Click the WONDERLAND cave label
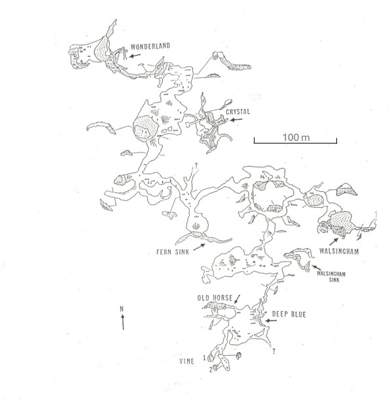(151, 47)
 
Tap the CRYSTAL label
(238, 112)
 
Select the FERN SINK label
(173, 252)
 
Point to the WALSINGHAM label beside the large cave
(339, 251)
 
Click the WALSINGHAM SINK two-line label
(331, 277)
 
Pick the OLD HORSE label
(215, 298)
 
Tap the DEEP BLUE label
(289, 315)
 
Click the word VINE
(186, 362)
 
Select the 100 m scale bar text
(296, 138)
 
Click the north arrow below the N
(123, 322)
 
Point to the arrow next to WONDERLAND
(135, 56)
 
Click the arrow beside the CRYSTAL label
(236, 119)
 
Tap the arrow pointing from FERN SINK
(199, 247)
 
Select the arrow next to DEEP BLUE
(271, 320)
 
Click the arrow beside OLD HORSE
(238, 299)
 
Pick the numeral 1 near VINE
(204, 358)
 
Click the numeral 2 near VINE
(211, 370)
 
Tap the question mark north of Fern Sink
(196, 166)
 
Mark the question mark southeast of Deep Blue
(274, 351)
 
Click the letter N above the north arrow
(122, 309)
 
